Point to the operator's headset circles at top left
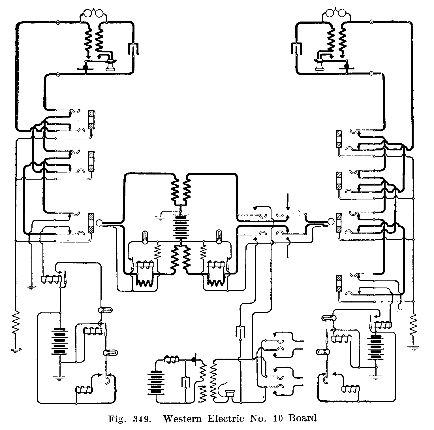pyautogui.click(x=94, y=14)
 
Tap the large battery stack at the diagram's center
pyautogui.click(x=180, y=227)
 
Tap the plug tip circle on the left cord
pyautogui.click(x=99, y=223)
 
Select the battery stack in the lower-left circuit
pyautogui.click(x=60, y=342)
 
